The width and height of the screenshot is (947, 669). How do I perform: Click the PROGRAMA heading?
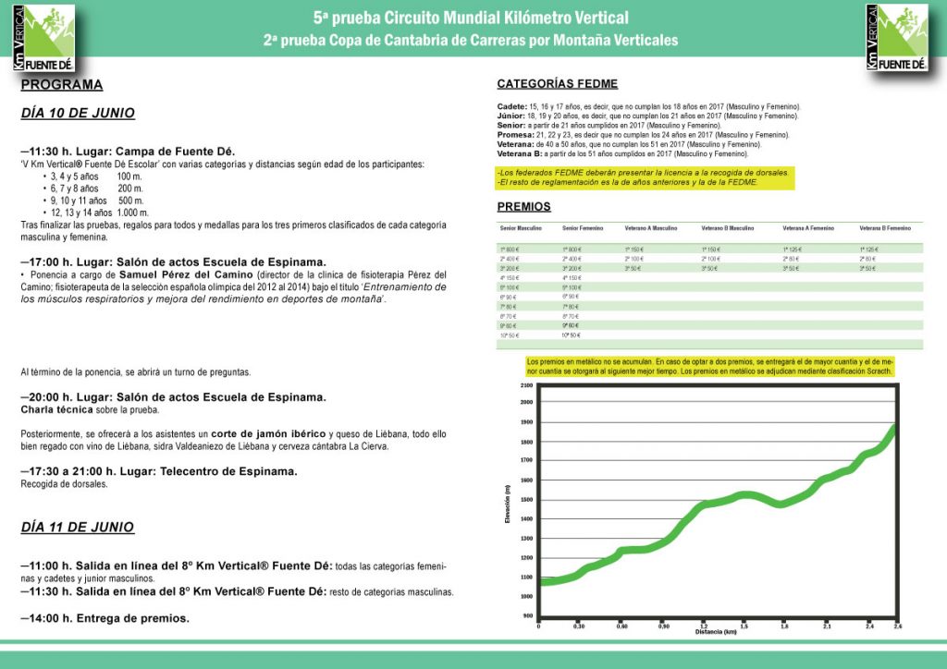coord(61,85)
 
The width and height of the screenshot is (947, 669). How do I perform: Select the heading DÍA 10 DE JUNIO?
coord(78,114)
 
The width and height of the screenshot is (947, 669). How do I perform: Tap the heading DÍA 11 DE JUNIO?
coord(78,528)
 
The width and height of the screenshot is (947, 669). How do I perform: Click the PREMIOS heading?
coord(523,207)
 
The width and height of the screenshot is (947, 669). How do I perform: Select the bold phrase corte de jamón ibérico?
coord(268,434)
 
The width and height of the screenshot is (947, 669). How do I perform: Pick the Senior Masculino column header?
coord(521,227)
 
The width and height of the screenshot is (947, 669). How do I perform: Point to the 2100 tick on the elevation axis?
coord(527,385)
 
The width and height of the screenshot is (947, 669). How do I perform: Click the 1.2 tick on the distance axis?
coord(704,626)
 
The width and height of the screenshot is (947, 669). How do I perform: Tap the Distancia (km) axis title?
coord(716,632)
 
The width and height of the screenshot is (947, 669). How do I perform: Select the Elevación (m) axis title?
coord(508,504)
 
